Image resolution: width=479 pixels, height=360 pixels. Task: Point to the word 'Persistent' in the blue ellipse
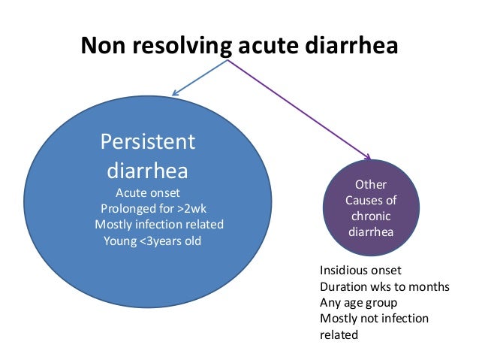click(x=148, y=141)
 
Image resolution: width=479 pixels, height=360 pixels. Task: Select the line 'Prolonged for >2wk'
click(x=153, y=208)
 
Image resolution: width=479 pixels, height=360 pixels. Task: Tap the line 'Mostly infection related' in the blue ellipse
click(x=159, y=225)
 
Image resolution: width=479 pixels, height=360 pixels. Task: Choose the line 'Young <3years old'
click(x=152, y=241)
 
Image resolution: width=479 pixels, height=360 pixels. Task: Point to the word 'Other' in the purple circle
click(x=370, y=183)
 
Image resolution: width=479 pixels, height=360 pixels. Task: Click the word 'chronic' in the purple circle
click(x=370, y=216)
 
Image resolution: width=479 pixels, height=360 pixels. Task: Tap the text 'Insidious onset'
click(x=360, y=270)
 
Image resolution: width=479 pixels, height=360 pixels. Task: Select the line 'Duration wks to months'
click(x=384, y=286)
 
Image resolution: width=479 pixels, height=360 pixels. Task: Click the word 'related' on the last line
click(x=339, y=335)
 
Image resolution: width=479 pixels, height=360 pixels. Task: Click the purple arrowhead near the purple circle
click(x=368, y=157)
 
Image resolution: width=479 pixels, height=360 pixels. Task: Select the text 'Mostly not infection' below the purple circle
click(x=374, y=319)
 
